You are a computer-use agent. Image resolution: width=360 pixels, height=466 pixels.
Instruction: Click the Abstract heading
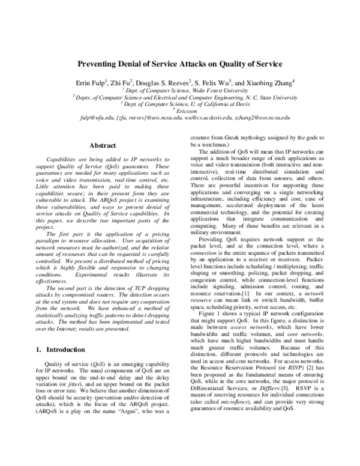click(102, 145)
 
